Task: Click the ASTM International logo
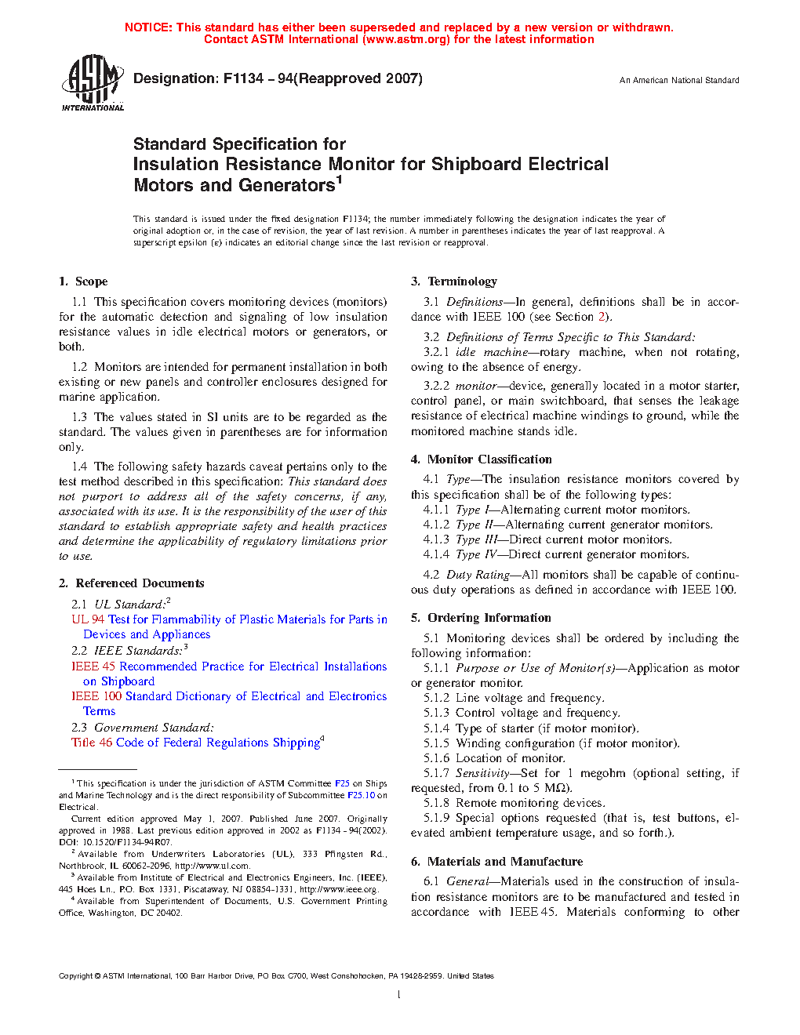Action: (x=93, y=82)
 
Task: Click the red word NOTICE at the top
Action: (x=148, y=27)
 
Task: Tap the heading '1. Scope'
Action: (x=83, y=281)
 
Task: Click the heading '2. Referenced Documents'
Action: (x=131, y=583)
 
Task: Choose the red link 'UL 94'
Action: (x=88, y=619)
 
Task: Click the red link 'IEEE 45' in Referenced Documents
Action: (x=93, y=666)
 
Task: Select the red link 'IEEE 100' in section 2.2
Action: (x=96, y=696)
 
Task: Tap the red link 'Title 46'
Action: (x=93, y=743)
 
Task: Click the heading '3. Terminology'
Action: (x=454, y=281)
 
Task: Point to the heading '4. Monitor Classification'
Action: (x=482, y=459)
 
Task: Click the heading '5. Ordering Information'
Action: (x=481, y=618)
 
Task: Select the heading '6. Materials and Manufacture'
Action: (x=496, y=862)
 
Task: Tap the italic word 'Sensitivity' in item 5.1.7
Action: (x=482, y=773)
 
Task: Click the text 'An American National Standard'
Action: (x=679, y=80)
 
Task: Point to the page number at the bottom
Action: (x=399, y=995)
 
